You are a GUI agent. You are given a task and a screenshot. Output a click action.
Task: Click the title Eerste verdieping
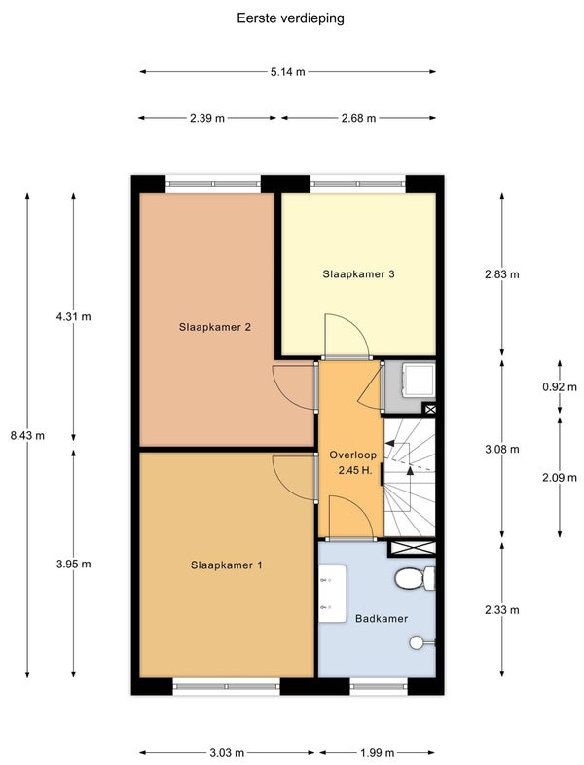click(290, 18)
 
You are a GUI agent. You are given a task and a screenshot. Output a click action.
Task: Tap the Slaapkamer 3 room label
click(358, 274)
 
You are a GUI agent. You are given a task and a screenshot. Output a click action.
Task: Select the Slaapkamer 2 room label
click(215, 327)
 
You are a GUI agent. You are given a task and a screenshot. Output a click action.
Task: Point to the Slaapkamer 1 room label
click(227, 565)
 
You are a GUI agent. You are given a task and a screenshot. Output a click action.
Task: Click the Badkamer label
click(382, 619)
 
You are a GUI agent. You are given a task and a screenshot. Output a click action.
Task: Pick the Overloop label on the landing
click(352, 455)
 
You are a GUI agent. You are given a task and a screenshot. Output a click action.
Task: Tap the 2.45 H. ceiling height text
click(355, 471)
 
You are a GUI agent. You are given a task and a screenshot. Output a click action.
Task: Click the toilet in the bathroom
click(415, 578)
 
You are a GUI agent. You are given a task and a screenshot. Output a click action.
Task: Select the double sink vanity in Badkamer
click(333, 594)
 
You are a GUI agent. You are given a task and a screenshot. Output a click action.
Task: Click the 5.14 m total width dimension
click(288, 72)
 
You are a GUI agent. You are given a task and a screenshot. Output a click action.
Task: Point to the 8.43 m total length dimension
click(27, 435)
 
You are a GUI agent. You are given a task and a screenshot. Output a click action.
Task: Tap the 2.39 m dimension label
click(207, 118)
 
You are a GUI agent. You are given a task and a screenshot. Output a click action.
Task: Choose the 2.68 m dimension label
click(358, 118)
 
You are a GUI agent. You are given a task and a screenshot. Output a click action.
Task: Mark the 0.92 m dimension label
click(560, 387)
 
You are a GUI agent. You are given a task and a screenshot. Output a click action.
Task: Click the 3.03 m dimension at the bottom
click(227, 753)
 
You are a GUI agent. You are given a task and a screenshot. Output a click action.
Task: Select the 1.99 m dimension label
click(377, 753)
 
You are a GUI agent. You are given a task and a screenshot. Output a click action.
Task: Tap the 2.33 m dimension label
click(502, 610)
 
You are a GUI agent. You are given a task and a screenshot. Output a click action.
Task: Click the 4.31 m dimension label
click(74, 316)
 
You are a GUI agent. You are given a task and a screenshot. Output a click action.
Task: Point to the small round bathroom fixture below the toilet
click(418, 643)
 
